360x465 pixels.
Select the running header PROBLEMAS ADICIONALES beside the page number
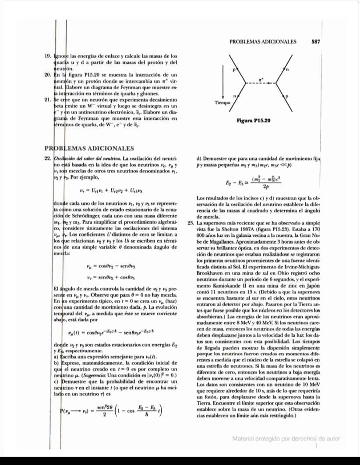click(x=263, y=42)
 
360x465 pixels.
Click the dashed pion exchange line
click(x=261, y=83)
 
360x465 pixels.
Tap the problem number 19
click(x=48, y=56)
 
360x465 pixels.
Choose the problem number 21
click(x=48, y=99)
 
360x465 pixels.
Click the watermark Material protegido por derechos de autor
click(x=286, y=439)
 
